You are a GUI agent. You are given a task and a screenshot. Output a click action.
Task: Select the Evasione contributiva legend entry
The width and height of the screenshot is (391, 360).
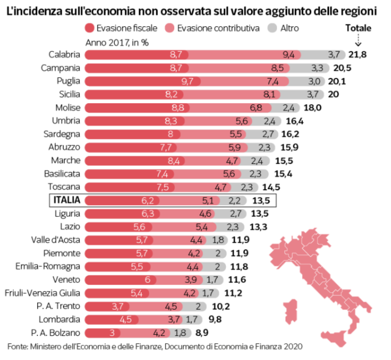[x=214, y=28]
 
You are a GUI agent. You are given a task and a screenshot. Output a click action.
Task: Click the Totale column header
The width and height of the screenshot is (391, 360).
[x=359, y=28]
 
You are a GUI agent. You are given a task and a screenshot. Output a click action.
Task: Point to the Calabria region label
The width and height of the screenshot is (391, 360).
[x=64, y=55]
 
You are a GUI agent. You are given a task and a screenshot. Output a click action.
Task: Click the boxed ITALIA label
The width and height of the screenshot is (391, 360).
[x=67, y=200]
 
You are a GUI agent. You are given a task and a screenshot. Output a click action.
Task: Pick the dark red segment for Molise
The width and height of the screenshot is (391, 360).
[x=138, y=107]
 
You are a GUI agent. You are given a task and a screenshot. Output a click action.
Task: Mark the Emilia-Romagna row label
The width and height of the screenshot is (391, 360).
[x=53, y=266]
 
